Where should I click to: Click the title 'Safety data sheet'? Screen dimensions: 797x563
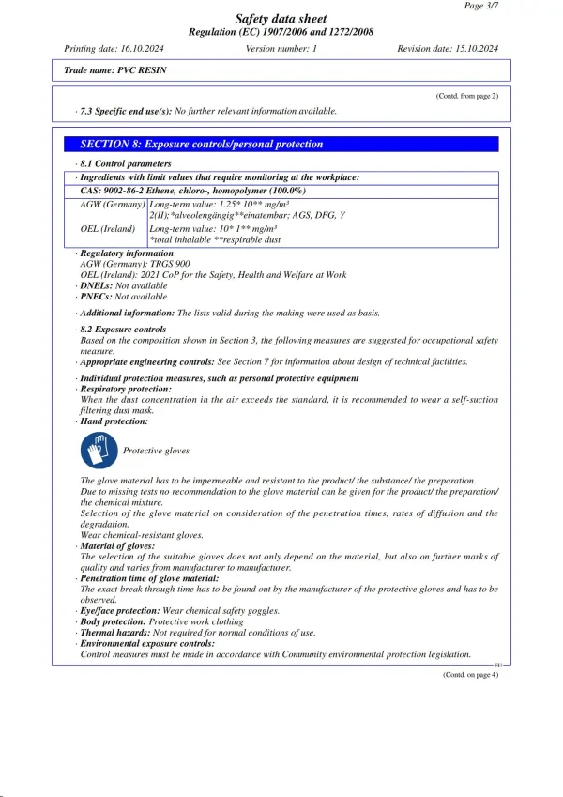281,19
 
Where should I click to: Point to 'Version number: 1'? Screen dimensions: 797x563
281,48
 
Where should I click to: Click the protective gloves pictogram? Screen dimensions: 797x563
99,452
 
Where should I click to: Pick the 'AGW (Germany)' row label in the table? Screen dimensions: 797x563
112,203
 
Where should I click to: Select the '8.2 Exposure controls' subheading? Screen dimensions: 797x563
123,330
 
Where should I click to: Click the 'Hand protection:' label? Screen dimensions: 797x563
113,421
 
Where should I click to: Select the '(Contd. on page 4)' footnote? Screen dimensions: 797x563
470,674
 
